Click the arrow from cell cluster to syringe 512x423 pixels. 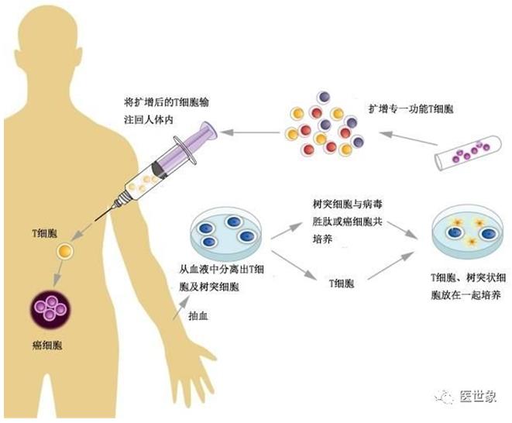click(x=249, y=131)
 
